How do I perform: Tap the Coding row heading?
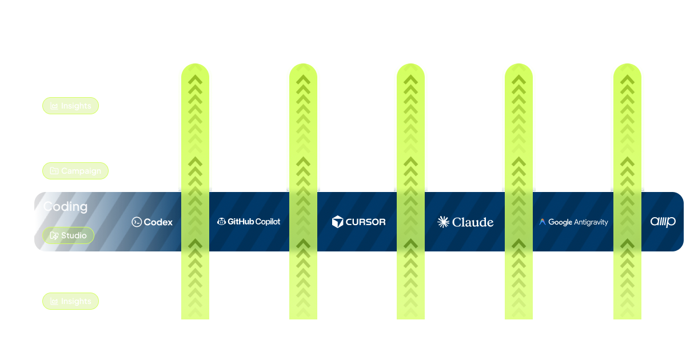pyautogui.click(x=65, y=206)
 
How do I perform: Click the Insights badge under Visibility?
pyautogui.click(x=71, y=106)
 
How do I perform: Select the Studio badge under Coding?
pyautogui.click(x=68, y=235)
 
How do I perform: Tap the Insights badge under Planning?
pyautogui.click(x=71, y=301)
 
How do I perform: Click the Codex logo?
pyautogui.click(x=152, y=222)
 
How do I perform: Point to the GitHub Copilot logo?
pyautogui.click(x=249, y=222)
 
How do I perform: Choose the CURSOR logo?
pyautogui.click(x=358, y=222)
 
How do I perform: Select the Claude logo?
pyautogui.click(x=465, y=222)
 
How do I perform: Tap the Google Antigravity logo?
pyautogui.click(x=573, y=222)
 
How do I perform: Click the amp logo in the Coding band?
pyautogui.click(x=663, y=222)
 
